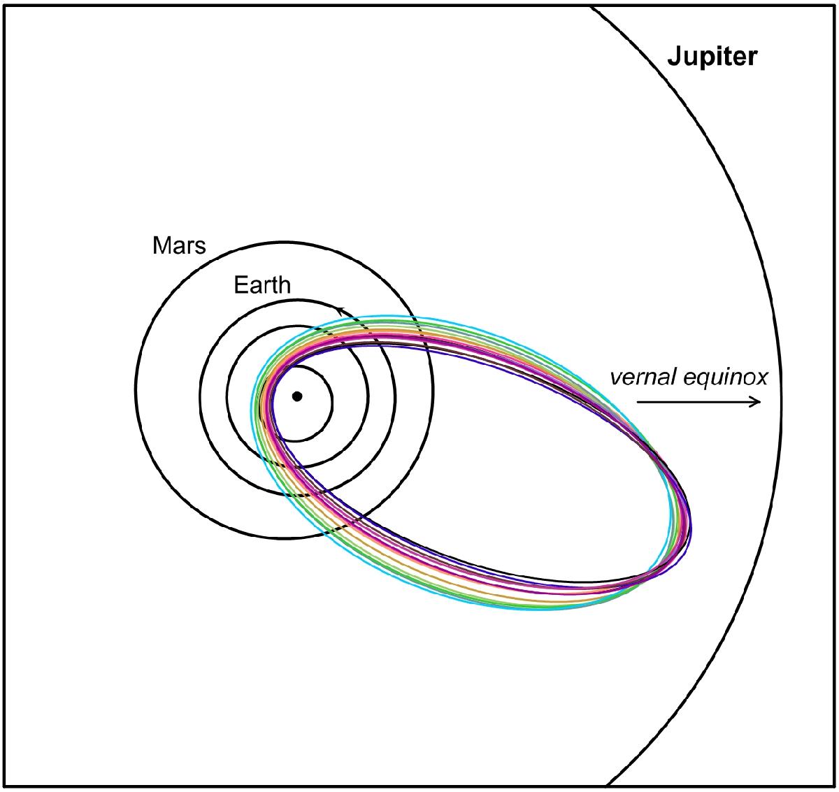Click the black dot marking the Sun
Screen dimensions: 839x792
coord(297,396)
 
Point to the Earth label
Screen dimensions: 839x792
coord(262,285)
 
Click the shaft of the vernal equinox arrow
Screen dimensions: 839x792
coord(698,402)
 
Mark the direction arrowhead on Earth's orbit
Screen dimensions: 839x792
coord(341,311)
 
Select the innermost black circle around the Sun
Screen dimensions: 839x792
coord(333,403)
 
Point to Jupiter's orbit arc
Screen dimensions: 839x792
coord(781,397)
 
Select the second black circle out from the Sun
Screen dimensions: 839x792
coord(368,397)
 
